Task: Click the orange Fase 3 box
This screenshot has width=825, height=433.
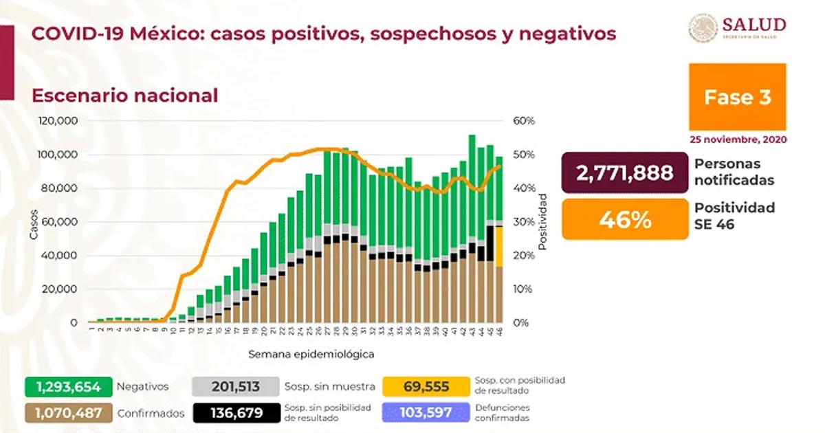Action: [x=737, y=97]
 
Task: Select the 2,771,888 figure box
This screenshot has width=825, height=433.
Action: [x=624, y=173]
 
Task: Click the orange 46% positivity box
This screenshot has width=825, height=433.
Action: [x=624, y=219]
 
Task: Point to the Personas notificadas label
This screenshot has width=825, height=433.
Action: [x=734, y=173]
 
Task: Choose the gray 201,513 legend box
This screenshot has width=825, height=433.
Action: [x=236, y=387]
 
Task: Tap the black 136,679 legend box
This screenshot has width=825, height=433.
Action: [x=236, y=413]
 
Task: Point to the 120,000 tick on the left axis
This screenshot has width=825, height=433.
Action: [x=60, y=121]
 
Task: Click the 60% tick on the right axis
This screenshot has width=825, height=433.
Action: [x=524, y=121]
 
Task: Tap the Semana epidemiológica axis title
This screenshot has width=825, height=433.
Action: [x=302, y=355]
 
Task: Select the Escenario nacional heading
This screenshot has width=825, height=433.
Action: [x=124, y=96]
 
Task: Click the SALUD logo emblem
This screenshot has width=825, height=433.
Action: [x=703, y=29]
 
